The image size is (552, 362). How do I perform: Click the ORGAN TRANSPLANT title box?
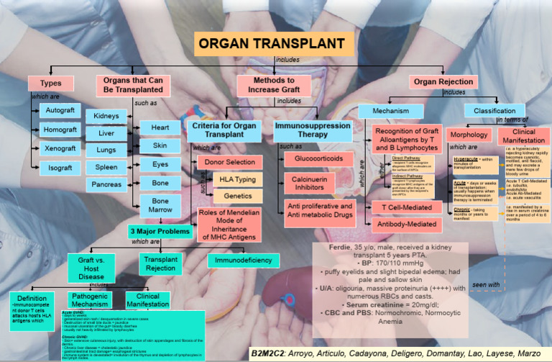pyautogui.click(x=275, y=43)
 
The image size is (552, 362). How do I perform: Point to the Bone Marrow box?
pyautogui.click(x=161, y=205)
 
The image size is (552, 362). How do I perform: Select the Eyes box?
pyautogui.click(x=161, y=164)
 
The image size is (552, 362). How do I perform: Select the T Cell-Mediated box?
pyautogui.click(x=406, y=207)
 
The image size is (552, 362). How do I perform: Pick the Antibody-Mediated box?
pyautogui.click(x=406, y=225)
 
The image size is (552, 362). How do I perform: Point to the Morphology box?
pyautogui.click(x=468, y=135)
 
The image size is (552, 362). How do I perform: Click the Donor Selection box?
pyautogui.click(x=230, y=162)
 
